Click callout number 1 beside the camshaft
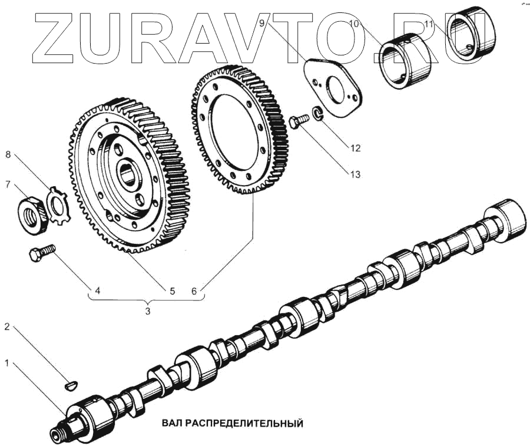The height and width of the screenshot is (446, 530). [x=8, y=364]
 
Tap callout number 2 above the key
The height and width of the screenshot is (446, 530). [x=8, y=326]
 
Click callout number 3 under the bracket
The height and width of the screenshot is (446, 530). [x=148, y=310]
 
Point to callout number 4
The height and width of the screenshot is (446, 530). [x=98, y=290]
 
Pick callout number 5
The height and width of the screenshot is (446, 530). [x=173, y=290]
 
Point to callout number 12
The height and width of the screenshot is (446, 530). [x=355, y=148]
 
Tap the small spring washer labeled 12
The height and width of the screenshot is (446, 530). [x=317, y=113]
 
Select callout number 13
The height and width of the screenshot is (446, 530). [x=355, y=174]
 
